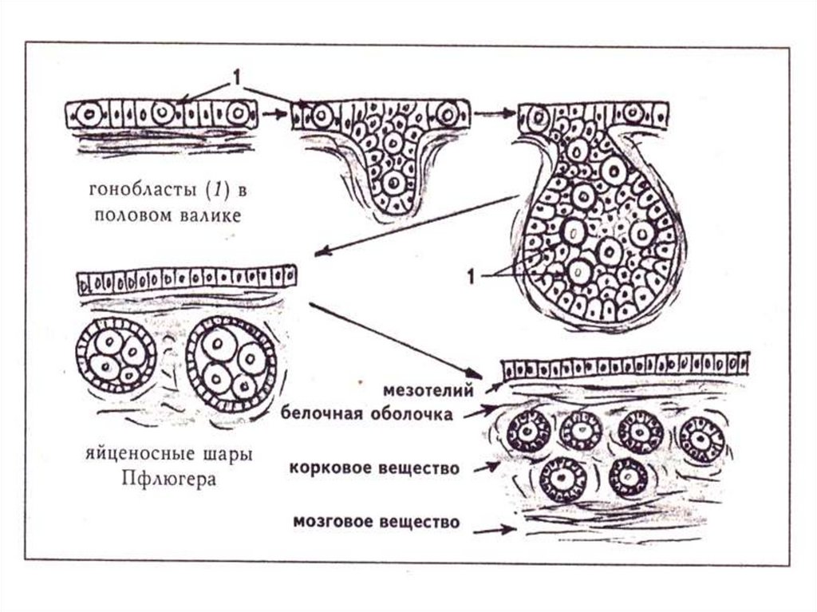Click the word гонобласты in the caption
(131, 191)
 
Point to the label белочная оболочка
(368, 413)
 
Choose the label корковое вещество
(375, 468)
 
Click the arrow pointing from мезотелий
(493, 387)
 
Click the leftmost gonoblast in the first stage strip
(90, 114)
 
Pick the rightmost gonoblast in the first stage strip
(237, 113)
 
